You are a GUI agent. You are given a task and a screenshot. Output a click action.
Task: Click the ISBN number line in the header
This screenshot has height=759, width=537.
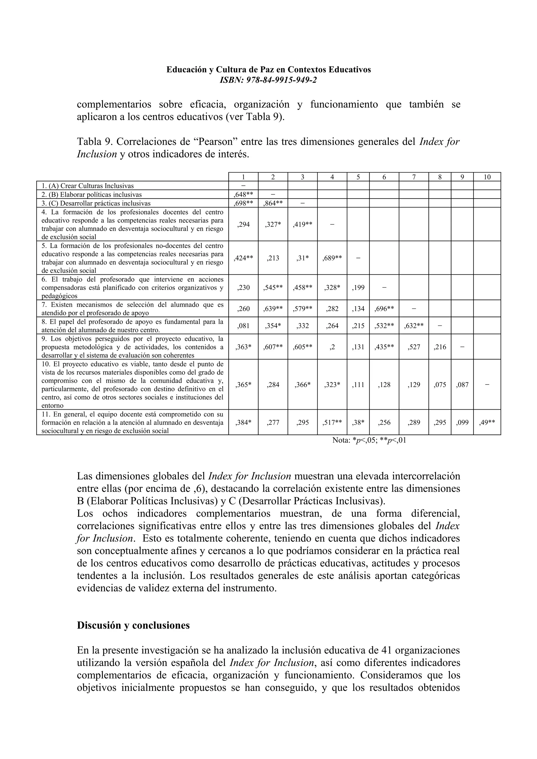268,80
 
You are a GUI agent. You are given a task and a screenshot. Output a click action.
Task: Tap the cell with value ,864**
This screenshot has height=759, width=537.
273,203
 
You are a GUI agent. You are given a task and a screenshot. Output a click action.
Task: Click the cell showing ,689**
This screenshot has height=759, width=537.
332,258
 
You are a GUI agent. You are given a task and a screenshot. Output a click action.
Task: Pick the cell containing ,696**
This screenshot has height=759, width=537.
384,309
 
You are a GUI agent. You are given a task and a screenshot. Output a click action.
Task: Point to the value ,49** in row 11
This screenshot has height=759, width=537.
487,422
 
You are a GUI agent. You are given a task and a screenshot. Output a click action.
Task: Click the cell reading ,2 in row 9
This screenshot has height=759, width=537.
332,347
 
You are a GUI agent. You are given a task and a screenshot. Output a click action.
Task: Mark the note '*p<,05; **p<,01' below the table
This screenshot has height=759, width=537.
369,440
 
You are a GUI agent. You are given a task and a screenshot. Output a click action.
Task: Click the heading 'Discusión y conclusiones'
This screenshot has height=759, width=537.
133,625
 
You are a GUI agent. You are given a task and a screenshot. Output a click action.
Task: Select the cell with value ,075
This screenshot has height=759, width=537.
440,385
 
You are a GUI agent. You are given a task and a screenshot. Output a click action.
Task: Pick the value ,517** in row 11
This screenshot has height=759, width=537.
332,422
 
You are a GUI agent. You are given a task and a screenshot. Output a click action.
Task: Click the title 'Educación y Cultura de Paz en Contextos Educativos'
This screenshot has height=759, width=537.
268,70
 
